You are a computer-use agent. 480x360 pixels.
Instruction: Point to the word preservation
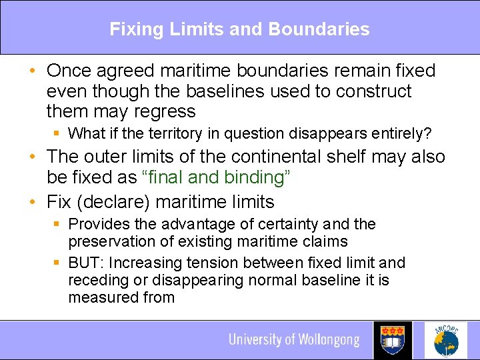(x=110, y=241)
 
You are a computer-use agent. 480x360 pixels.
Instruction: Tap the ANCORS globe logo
(x=445, y=340)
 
